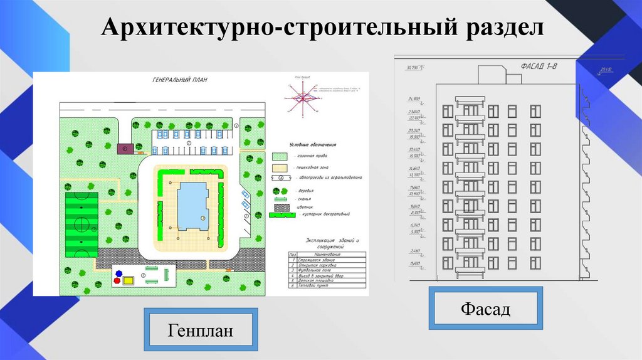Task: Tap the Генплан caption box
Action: (x=200, y=329)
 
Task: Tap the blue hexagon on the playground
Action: (x=117, y=273)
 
